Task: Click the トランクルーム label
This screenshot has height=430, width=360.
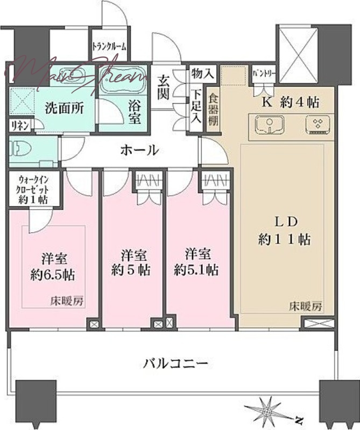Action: click(109, 47)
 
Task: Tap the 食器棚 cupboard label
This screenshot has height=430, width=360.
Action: click(214, 110)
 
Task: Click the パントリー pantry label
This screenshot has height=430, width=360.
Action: click(264, 73)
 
